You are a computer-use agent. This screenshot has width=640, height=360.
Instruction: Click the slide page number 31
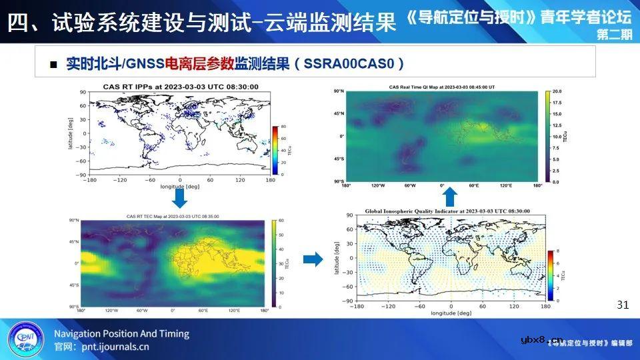coord(623,305)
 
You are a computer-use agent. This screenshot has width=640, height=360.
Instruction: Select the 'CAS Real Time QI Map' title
coord(442,87)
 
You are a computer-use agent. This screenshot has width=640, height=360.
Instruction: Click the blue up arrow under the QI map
coord(450,196)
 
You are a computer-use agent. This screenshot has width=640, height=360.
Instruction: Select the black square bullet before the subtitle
coord(55,65)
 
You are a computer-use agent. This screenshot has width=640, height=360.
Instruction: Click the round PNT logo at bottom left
coord(25,339)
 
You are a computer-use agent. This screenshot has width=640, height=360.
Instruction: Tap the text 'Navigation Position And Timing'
coord(121,333)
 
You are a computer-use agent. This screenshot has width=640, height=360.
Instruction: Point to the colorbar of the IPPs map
coord(275,150)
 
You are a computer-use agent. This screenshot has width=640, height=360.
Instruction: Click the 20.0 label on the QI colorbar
coord(557,91)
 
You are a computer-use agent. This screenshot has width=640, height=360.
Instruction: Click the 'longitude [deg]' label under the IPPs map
coord(180,187)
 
